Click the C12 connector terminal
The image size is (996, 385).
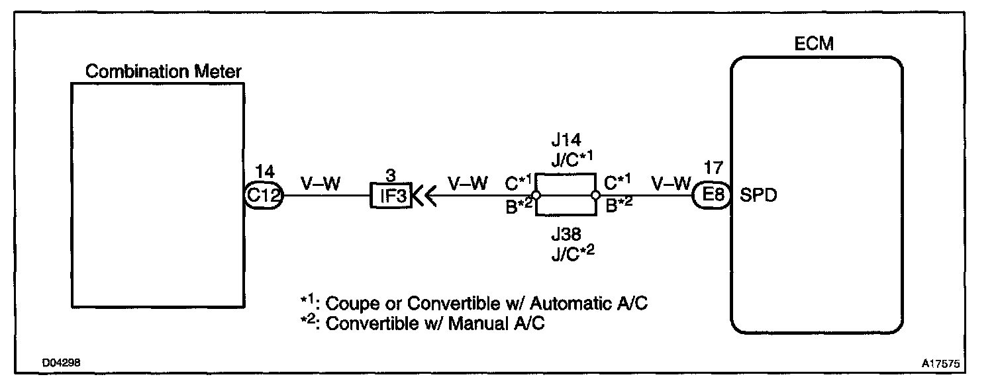coord(264,196)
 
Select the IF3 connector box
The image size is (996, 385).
coord(390,196)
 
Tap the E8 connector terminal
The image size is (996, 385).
coord(711,196)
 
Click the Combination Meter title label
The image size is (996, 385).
coord(164,71)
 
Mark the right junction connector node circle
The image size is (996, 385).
coord(595,196)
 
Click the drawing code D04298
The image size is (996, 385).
coord(62,364)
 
